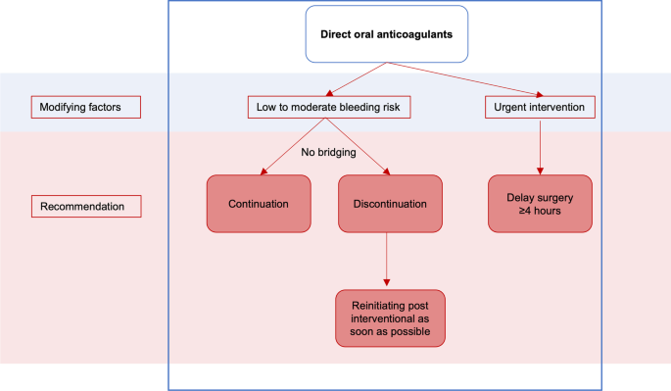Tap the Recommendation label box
coord(87,207)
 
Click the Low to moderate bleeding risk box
coord(328,106)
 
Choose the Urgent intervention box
coord(540,106)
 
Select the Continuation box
coord(258,205)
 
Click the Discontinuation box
coord(389,205)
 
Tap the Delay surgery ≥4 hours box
coord(540,203)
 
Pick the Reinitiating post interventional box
coord(389,318)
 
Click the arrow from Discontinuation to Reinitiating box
coord(389,262)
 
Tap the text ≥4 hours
coord(540,211)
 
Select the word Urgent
coord(513,106)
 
